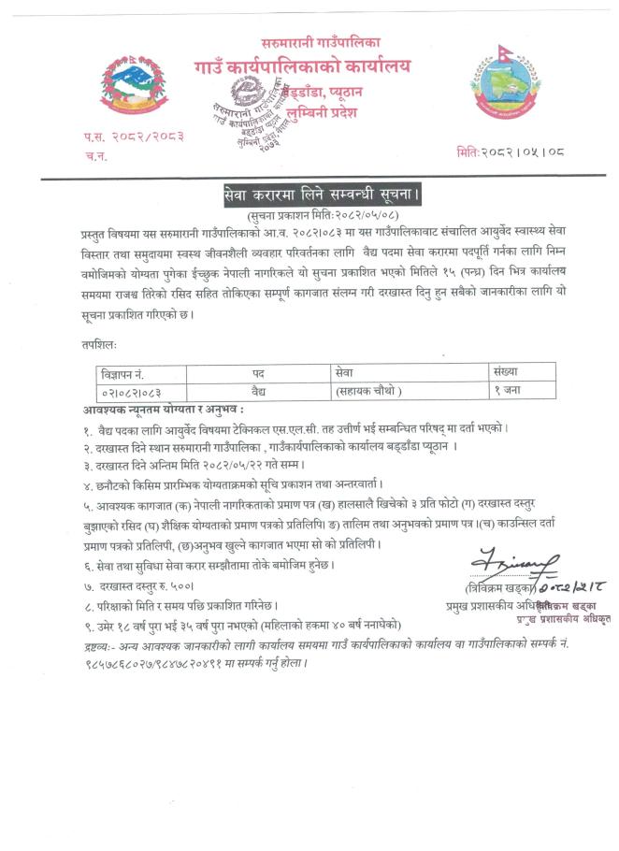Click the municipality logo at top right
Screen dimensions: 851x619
tap(505, 82)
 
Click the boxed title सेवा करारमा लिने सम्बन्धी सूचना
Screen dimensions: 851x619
tap(323, 195)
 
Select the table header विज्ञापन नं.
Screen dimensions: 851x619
tap(130, 371)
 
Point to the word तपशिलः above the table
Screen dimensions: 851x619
tap(100, 344)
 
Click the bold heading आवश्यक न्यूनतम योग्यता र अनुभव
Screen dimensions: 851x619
tap(164, 409)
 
